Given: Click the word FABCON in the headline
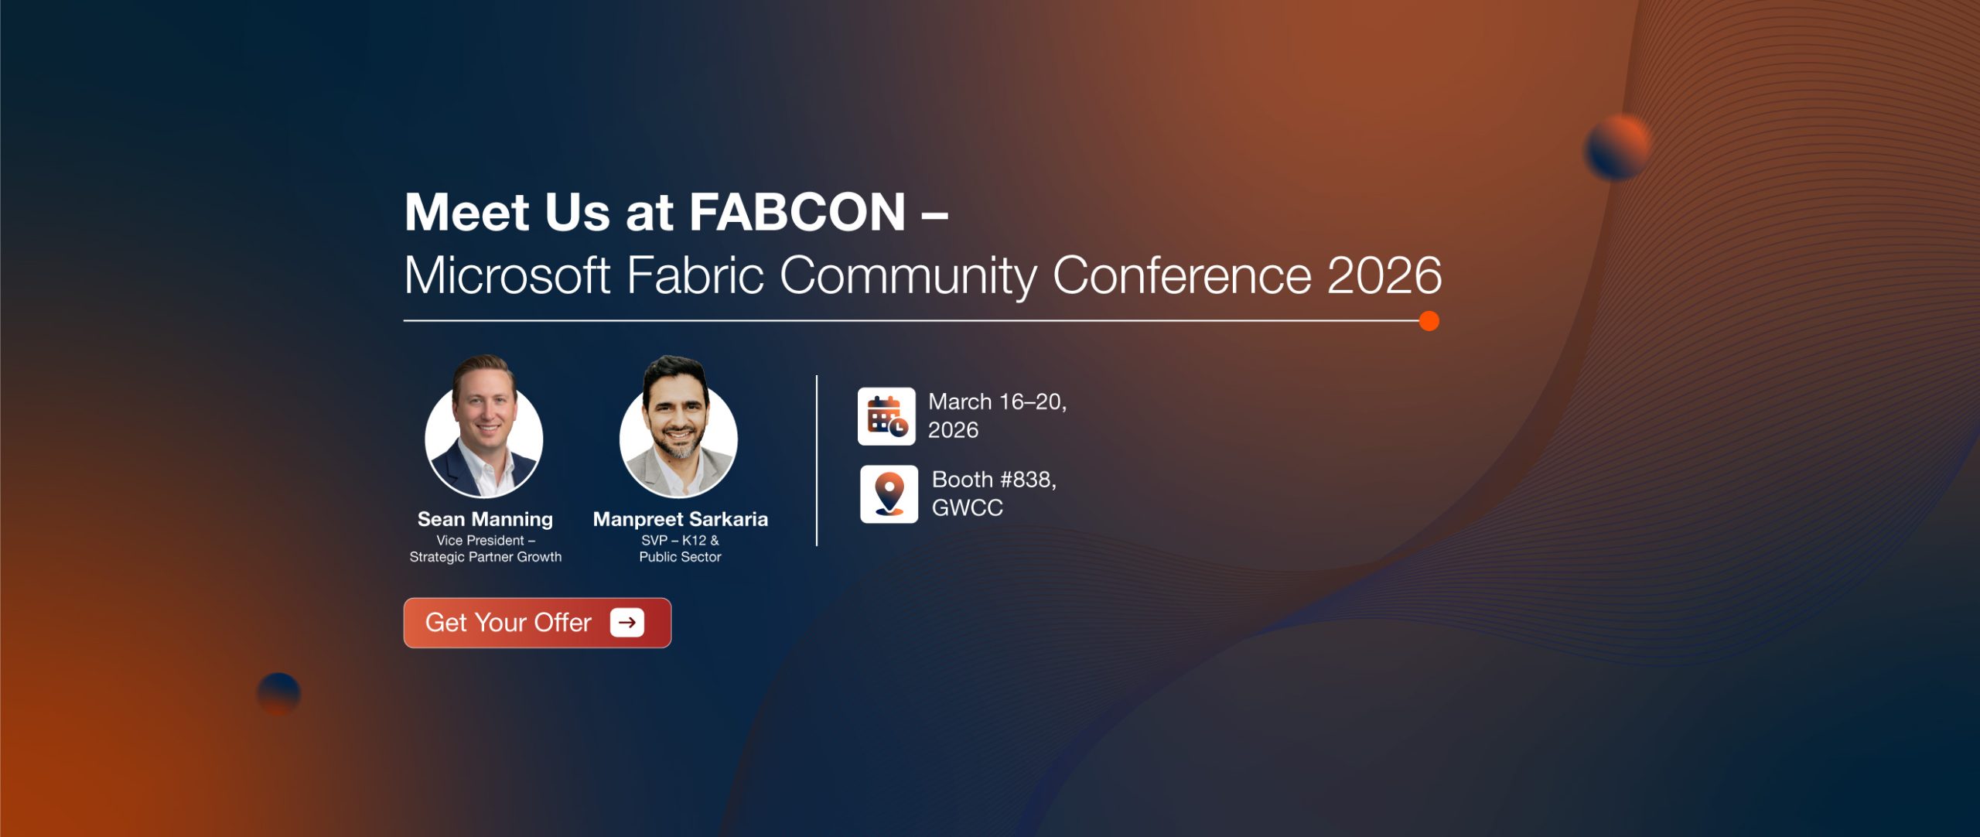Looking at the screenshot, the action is [797, 212].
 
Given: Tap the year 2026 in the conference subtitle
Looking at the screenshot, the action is [1384, 275].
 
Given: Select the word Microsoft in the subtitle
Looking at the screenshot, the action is [507, 275].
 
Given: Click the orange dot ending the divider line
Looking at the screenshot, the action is [1429, 320].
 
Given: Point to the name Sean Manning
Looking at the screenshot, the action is [485, 519].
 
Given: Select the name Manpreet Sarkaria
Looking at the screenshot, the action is [681, 519].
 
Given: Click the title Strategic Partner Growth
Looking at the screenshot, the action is [486, 557].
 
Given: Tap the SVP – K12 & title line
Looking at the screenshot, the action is [680, 540].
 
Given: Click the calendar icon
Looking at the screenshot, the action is [886, 416].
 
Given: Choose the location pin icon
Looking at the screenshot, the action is [889, 494].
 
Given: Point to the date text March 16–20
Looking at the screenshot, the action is [997, 402].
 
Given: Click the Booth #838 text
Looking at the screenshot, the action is [994, 480].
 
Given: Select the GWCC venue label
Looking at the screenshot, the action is [968, 507].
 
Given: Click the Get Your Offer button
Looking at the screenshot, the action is [538, 623].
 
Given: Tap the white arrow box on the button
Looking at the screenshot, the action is [627, 623].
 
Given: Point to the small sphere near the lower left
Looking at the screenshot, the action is [278, 694].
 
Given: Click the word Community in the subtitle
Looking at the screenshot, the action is [908, 276].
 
